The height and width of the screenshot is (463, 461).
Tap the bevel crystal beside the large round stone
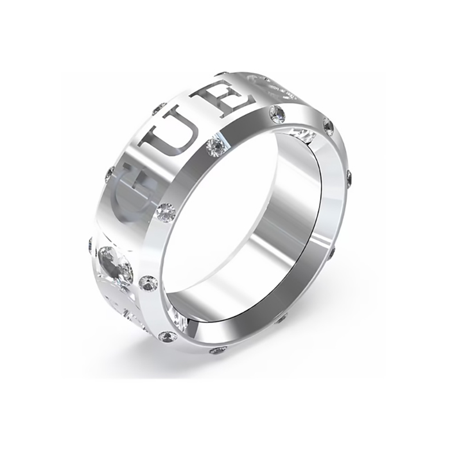coord(149,283)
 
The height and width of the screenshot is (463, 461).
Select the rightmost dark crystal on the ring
coord(350,174)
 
